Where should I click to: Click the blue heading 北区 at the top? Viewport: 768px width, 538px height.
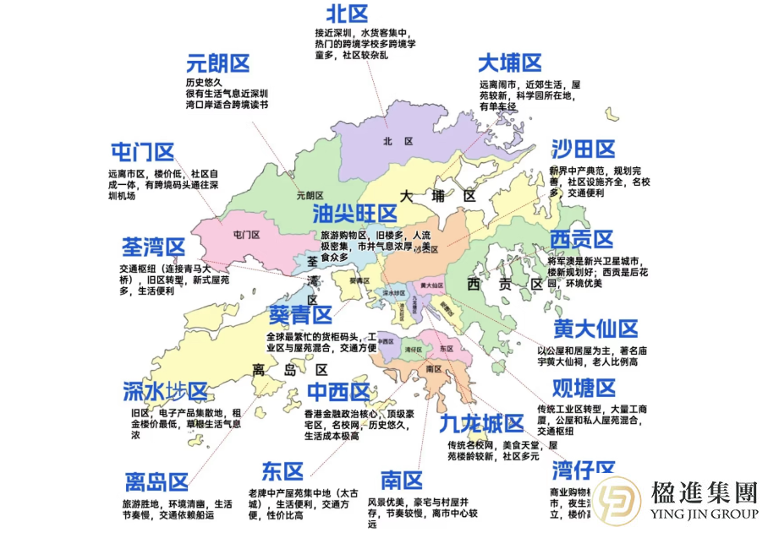click(x=348, y=14)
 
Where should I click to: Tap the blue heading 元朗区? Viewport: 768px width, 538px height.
click(x=218, y=63)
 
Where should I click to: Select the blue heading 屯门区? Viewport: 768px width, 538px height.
click(x=142, y=152)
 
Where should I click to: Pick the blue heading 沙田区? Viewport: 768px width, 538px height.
click(x=583, y=149)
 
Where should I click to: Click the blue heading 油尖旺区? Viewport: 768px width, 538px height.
click(x=354, y=213)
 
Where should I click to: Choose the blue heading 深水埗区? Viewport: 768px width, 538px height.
click(x=165, y=392)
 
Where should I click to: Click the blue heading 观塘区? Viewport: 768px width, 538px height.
click(x=584, y=388)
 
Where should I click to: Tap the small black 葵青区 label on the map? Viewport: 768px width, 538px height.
click(x=359, y=279)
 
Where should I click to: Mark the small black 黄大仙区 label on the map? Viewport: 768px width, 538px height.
click(x=431, y=285)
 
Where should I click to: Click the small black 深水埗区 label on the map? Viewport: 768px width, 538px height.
click(x=395, y=294)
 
